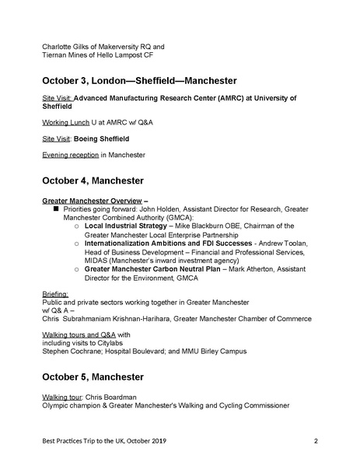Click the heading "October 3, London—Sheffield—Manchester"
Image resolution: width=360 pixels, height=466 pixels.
140,80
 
